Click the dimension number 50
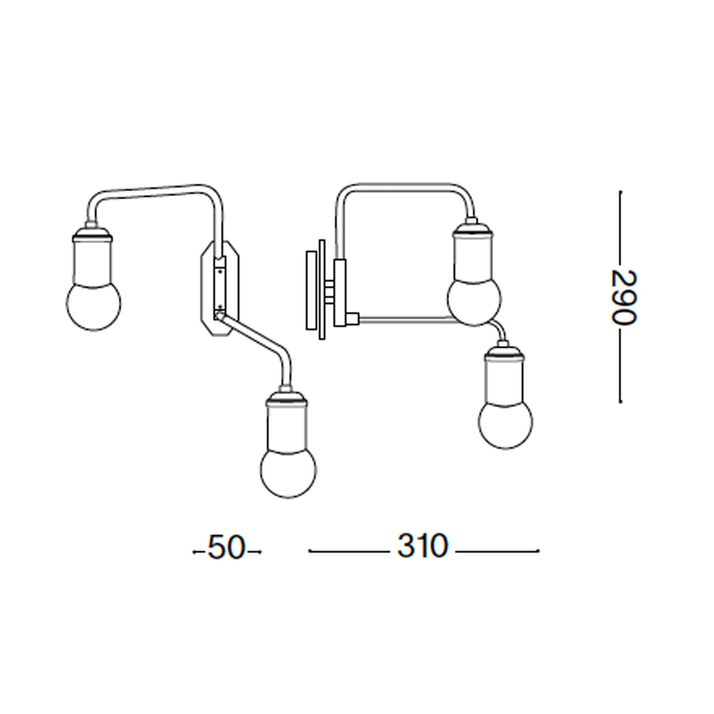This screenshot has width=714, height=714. coord(226,547)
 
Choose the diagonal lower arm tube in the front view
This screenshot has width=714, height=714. coord(255,334)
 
